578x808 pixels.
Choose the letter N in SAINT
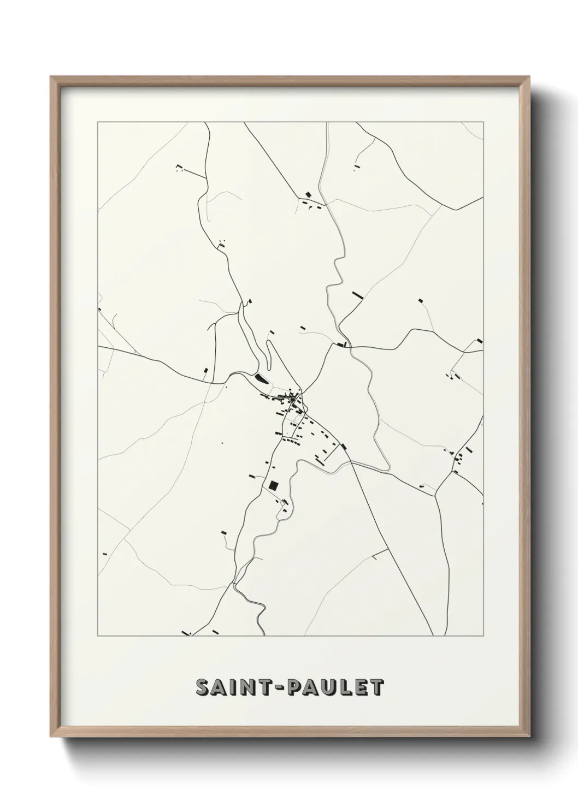pyautogui.click(x=247, y=688)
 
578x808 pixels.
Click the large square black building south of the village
pyautogui.click(x=273, y=485)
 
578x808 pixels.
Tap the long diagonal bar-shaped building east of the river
pyautogui.click(x=358, y=295)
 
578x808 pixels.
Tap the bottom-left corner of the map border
pyautogui.click(x=98, y=636)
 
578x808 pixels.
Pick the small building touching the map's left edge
pyautogui.click(x=100, y=309)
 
